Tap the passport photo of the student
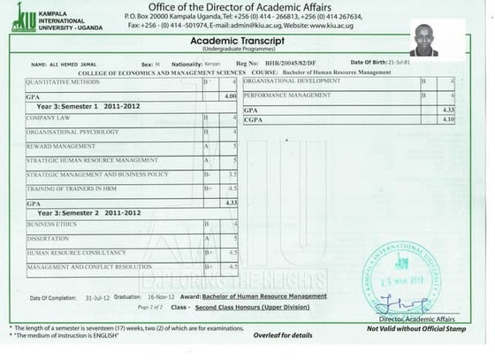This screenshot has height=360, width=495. coord(430,39)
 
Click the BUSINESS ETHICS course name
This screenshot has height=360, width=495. coord(51,225)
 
